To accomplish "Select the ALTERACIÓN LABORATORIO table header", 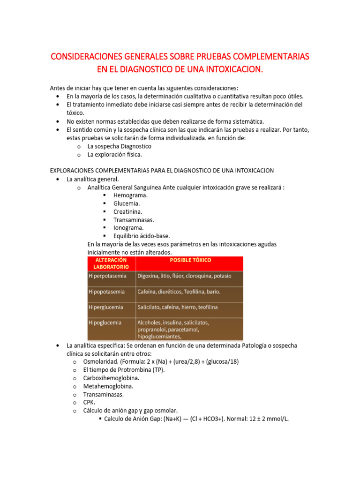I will pos(111,263).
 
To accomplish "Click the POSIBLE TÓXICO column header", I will pos(190,260).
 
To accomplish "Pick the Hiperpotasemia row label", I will pos(107,276).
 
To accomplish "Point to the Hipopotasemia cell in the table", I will pos(106,292).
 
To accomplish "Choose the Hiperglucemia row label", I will pos(106,307).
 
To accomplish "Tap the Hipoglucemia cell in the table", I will pos(105,322).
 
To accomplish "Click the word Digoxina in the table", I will pos(149,276).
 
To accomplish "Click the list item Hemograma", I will pos(130,195).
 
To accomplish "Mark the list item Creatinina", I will pos(127,211).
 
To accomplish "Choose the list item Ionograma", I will pos(128,227).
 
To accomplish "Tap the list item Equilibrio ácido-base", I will pos(142,236).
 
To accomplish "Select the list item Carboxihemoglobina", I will pos(111,378).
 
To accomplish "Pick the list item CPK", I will pos(89,402).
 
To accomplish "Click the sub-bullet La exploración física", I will pos(114,154).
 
